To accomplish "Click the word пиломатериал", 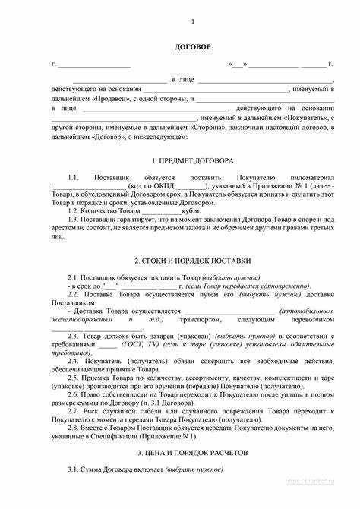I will click(x=311, y=176).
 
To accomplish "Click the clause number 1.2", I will click(x=74, y=209).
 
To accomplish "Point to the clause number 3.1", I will click(x=74, y=469).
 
